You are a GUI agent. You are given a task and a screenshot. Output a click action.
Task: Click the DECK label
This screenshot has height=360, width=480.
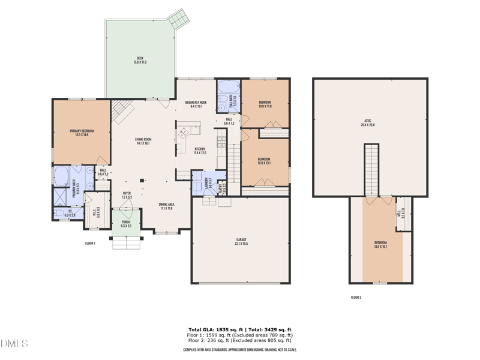point(139,59)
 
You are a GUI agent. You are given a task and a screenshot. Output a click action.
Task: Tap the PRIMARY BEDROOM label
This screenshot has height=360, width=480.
point(82,133)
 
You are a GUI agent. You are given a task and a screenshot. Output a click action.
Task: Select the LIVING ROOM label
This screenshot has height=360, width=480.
point(143,141)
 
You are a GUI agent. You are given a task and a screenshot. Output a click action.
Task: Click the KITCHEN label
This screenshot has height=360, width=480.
point(200,151)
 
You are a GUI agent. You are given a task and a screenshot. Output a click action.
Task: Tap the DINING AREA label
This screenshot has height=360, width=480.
point(166,206)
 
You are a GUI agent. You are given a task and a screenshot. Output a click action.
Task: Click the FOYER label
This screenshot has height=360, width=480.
point(126,195)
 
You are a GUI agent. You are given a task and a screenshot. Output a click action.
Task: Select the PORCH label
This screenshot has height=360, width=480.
point(126,224)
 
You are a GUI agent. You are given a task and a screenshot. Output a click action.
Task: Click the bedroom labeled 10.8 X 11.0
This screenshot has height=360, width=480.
point(265,104)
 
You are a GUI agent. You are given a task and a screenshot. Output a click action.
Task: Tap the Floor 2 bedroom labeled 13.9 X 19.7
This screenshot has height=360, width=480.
point(380,244)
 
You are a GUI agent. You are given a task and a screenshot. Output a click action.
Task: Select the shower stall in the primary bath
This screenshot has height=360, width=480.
point(61,196)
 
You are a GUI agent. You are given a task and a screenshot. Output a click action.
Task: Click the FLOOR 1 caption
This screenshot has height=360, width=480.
point(90,244)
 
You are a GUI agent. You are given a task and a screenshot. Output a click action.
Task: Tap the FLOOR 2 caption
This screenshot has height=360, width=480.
point(356,297)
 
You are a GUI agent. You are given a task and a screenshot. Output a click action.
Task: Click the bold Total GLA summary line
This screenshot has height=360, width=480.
point(240,330)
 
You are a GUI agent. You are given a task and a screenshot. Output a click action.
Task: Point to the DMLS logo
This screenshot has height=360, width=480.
point(14,344)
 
